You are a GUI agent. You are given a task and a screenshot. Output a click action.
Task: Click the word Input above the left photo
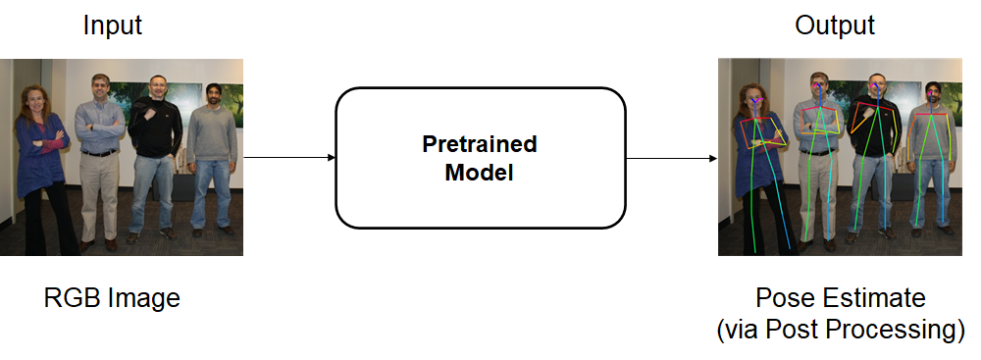point(113,26)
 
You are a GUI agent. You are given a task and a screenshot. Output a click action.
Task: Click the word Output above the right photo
point(835,26)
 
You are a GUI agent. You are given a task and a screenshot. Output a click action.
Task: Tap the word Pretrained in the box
point(480,144)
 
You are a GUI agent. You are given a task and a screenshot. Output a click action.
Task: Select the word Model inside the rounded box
point(480,173)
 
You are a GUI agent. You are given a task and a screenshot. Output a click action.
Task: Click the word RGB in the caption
point(70,297)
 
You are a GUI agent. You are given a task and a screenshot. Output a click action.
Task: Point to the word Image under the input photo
point(143,299)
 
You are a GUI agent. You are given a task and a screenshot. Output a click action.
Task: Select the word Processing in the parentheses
point(897,331)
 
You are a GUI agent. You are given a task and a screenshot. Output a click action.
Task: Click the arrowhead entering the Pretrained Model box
point(332,158)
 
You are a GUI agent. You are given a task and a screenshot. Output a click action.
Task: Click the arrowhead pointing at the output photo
point(712,158)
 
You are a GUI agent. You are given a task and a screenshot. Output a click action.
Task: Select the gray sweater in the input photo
point(212,135)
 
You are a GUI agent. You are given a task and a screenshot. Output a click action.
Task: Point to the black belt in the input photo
point(99,153)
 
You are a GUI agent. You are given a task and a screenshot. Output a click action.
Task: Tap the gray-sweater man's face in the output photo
point(933,95)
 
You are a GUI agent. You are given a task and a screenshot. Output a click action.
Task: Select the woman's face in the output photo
point(753,101)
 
